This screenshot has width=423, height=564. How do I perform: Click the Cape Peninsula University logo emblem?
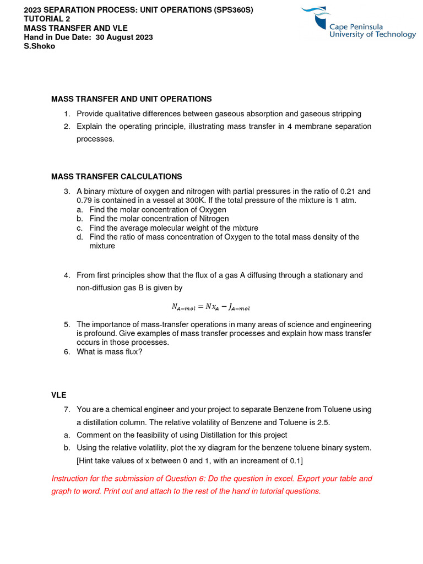tap(321, 17)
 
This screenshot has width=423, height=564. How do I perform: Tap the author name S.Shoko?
tap(40, 46)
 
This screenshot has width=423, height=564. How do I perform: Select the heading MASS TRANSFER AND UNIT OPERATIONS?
tap(131, 99)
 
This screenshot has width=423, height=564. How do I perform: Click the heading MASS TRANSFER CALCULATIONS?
tap(116, 177)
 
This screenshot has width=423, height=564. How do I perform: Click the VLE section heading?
tap(59, 395)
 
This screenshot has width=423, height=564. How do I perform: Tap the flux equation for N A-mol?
tap(211, 307)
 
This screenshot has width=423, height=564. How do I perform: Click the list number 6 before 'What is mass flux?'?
tap(66, 352)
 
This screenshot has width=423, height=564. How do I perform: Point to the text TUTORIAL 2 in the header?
tap(47, 19)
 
